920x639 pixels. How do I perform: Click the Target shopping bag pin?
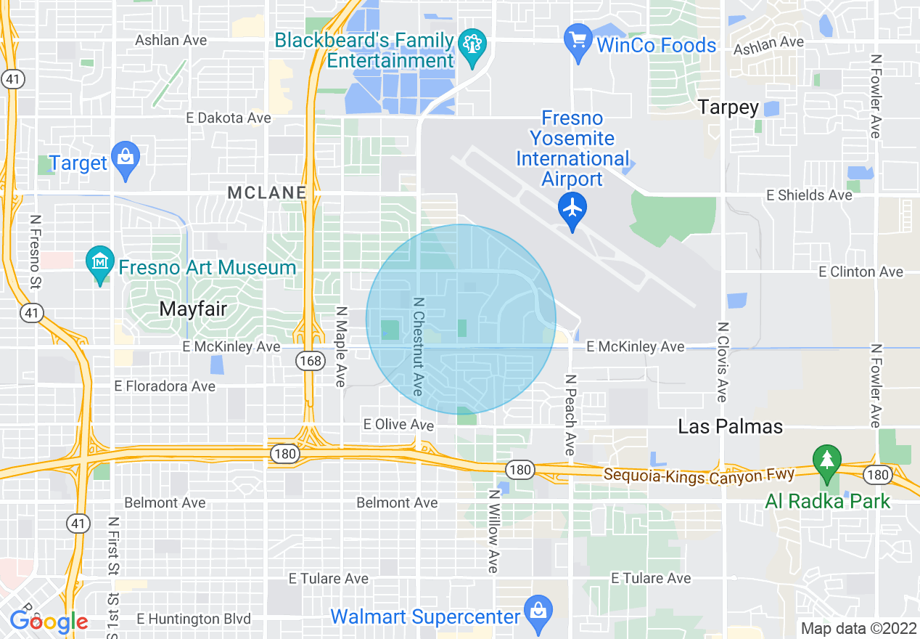click(x=126, y=158)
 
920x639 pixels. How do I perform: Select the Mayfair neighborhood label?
click(x=193, y=309)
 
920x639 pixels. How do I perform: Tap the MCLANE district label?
click(x=266, y=192)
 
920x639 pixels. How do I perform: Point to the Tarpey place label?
click(x=728, y=107)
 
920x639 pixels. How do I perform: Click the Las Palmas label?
click(x=730, y=426)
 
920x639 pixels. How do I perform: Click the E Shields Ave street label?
click(x=810, y=195)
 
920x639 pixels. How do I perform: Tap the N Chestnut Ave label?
click(x=417, y=346)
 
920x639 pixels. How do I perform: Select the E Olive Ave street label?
click(x=398, y=424)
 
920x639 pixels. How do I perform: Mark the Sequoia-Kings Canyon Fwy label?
click(x=699, y=474)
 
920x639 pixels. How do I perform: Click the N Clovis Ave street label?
click(x=721, y=362)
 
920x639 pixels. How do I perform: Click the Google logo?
click(x=49, y=622)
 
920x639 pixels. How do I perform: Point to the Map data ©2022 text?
click(x=858, y=629)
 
